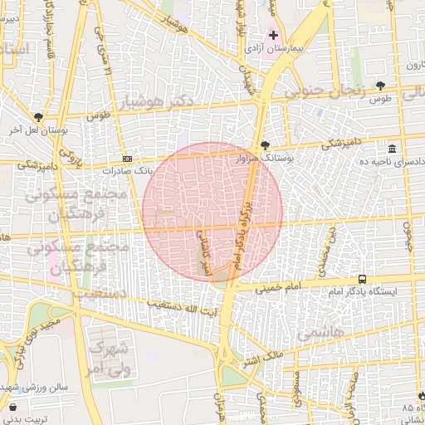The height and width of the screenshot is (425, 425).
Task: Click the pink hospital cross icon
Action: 274,35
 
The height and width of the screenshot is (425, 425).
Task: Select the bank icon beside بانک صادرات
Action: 126,159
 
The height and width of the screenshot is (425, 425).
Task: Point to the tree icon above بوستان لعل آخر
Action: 38,117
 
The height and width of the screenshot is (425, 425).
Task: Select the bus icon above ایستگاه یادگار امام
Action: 362,279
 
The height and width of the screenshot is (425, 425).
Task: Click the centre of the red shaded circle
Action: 212,211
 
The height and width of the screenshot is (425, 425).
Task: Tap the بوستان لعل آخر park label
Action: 37,130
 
